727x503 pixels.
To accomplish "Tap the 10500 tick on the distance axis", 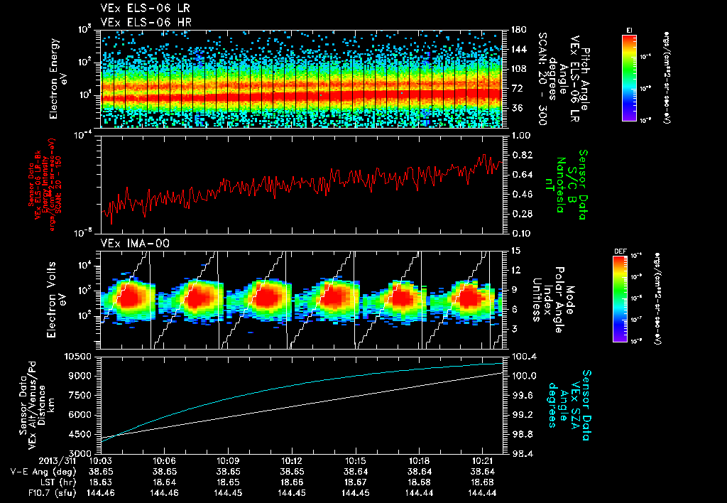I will (80, 356).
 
